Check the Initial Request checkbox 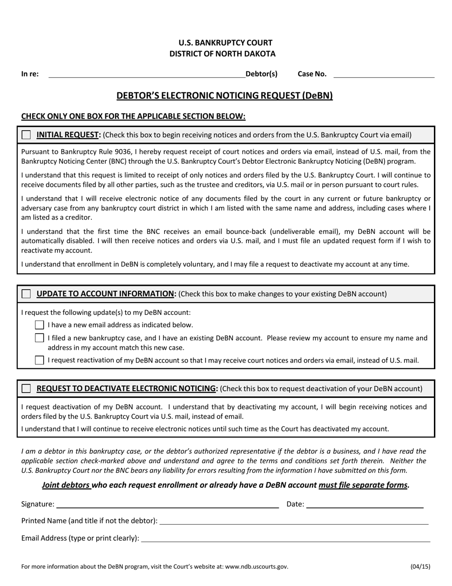pyautogui.click(x=26, y=135)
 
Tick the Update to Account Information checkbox pyautogui.click(x=26, y=294)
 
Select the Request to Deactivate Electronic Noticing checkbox pyautogui.click(x=26, y=389)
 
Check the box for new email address pyautogui.click(x=39, y=325)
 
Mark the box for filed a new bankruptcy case pyautogui.click(x=39, y=338)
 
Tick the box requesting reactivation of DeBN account pyautogui.click(x=39, y=360)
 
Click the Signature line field pyautogui.click(x=167, y=505)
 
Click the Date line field pyautogui.click(x=364, y=505)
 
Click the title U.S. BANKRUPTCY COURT pyautogui.click(x=226, y=43)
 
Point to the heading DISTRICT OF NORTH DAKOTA pyautogui.click(x=222, y=54)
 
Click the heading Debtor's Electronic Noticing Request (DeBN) pyautogui.click(x=225, y=96)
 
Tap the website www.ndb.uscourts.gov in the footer pyautogui.click(x=256, y=566)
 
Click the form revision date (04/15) pyautogui.click(x=420, y=566)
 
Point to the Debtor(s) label pyautogui.click(x=261, y=74)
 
